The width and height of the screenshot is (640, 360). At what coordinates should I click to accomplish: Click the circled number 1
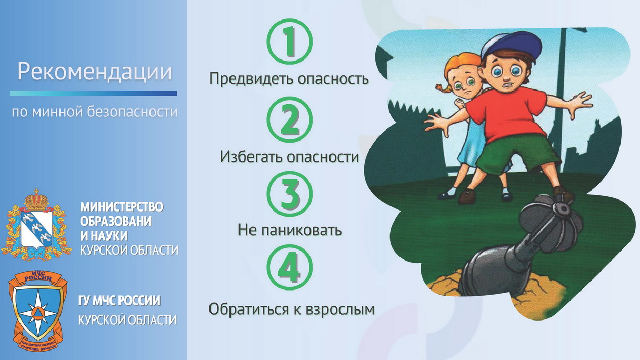[x=289, y=42]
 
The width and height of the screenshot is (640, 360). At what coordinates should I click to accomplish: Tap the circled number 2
[x=289, y=119]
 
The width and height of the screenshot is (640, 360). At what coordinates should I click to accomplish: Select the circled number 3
[x=289, y=194]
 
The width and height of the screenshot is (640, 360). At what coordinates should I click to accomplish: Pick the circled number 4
[x=289, y=267]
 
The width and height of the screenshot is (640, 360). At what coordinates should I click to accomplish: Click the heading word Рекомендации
[x=95, y=72]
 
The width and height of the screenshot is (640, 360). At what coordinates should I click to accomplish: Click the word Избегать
[x=252, y=156]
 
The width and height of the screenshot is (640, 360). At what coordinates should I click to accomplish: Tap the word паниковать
[x=302, y=230]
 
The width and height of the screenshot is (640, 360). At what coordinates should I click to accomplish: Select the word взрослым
[x=340, y=309]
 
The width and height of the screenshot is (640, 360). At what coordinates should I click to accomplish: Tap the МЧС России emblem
[x=38, y=311]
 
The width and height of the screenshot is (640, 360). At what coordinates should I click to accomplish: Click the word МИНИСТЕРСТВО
[x=122, y=207]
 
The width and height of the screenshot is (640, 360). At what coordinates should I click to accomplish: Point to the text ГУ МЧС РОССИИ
[x=119, y=301]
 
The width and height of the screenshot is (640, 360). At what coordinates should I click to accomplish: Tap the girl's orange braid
[x=442, y=92]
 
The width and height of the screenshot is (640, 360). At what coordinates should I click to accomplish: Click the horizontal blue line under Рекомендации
[x=94, y=93]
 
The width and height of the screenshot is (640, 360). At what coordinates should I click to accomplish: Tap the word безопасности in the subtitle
[x=132, y=112]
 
